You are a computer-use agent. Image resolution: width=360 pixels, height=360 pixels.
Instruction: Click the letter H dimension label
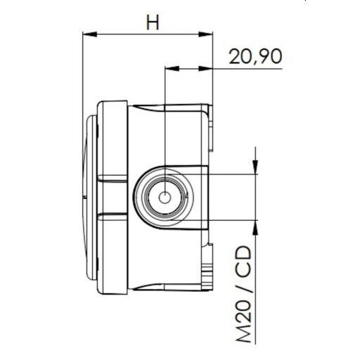[152, 22]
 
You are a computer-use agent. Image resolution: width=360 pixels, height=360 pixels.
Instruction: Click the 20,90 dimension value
[254, 57]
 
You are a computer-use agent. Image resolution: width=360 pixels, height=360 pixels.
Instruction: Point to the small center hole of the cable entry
[164, 198]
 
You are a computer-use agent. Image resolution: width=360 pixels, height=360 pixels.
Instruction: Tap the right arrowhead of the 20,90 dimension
[209, 69]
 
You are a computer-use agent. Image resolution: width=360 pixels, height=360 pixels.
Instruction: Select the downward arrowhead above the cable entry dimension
[254, 167]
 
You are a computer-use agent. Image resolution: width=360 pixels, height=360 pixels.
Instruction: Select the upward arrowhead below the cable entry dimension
[254, 228]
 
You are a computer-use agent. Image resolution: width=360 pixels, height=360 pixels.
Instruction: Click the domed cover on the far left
[87, 197]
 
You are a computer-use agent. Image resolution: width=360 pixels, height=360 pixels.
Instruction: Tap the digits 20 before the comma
[239, 57]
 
